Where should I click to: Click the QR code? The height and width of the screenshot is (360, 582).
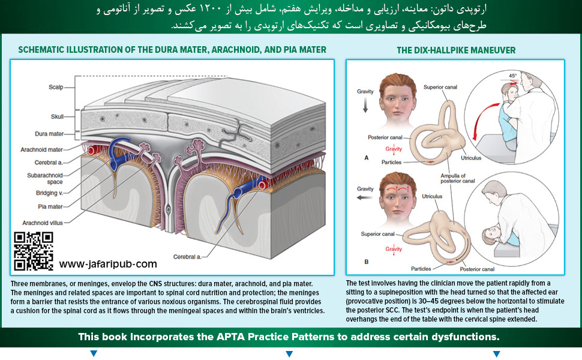click(x=34, y=251)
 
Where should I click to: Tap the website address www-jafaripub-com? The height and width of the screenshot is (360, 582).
click(x=108, y=263)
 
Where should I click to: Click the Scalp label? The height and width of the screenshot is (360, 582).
click(x=56, y=87)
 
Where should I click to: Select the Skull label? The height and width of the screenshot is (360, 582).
click(x=58, y=116)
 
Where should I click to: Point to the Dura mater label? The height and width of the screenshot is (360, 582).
click(x=49, y=133)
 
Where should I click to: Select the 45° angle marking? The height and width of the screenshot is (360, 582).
click(x=512, y=76)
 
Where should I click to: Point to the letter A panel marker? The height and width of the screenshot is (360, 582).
click(x=366, y=157)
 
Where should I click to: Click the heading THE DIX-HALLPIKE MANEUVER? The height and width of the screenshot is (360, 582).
click(x=456, y=50)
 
